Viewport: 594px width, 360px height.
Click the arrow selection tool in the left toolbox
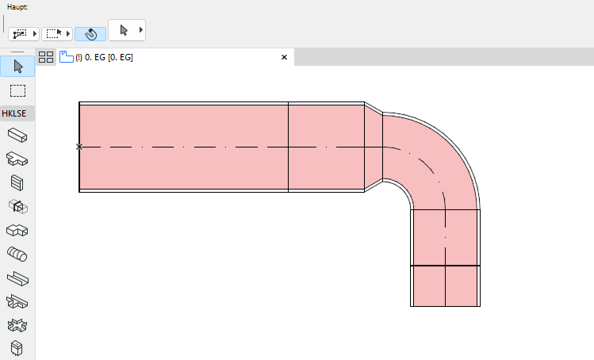[17, 66]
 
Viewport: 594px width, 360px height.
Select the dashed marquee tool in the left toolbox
[17, 90]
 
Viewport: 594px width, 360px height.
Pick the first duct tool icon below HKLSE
[17, 135]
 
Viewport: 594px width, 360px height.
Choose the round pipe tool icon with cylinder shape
[17, 254]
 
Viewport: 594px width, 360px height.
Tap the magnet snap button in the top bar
[90, 34]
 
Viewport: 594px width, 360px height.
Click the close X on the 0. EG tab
[285, 57]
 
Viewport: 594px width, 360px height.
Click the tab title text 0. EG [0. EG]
[104, 57]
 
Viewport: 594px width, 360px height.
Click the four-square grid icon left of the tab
[46, 57]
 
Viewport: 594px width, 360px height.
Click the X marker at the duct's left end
[79, 147]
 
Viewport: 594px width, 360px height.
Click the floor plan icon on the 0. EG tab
[66, 57]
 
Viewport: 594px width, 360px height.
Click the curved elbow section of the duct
[436, 159]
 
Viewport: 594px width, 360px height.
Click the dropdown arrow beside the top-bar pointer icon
[141, 30]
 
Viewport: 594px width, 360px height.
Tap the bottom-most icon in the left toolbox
[17, 348]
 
